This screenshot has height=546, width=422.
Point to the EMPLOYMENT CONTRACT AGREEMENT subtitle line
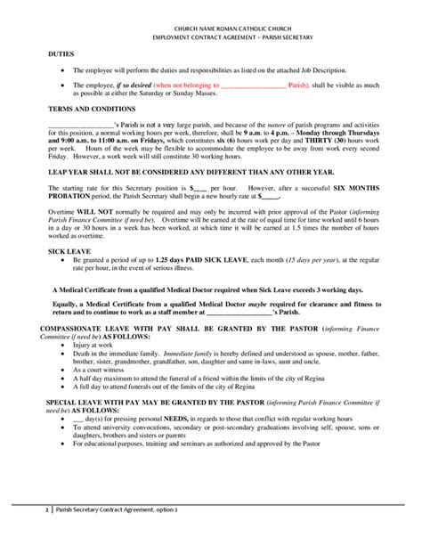(210, 38)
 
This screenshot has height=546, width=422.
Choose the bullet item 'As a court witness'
(101, 369)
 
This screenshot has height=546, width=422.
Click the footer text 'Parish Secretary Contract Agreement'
(115, 534)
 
